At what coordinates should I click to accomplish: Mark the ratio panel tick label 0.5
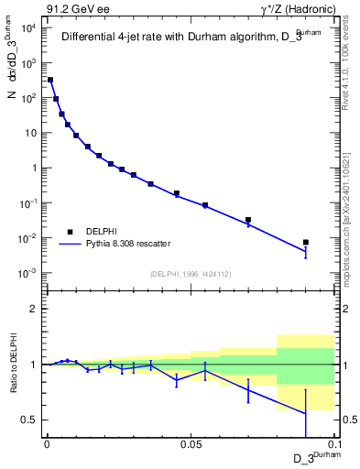pyautogui.click(x=30, y=420)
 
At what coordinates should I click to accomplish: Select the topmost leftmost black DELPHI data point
pyautogui.click(x=50, y=80)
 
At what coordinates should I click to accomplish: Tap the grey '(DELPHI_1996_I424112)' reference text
pyautogui.click(x=191, y=272)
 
